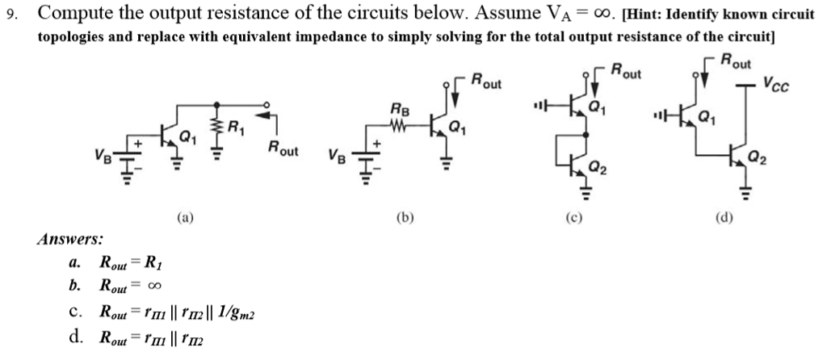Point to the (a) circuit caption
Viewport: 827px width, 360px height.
coord(186,216)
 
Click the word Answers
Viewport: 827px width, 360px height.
coord(70,239)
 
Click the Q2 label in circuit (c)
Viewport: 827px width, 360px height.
coord(598,168)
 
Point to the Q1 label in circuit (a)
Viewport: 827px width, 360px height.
coord(187,137)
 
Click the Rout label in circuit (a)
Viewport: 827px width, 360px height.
coord(283,149)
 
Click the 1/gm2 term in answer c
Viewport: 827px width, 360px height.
coord(238,312)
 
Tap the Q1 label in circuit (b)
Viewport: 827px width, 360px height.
coord(457,127)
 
